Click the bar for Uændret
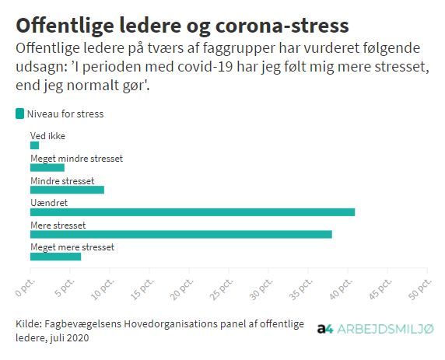192,212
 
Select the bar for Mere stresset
181,235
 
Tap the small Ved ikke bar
35,145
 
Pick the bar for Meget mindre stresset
47,168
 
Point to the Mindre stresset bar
67,190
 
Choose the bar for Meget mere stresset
56,257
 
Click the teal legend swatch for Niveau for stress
19,114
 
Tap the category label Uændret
49,203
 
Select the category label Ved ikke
47,136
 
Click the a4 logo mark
325,329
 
